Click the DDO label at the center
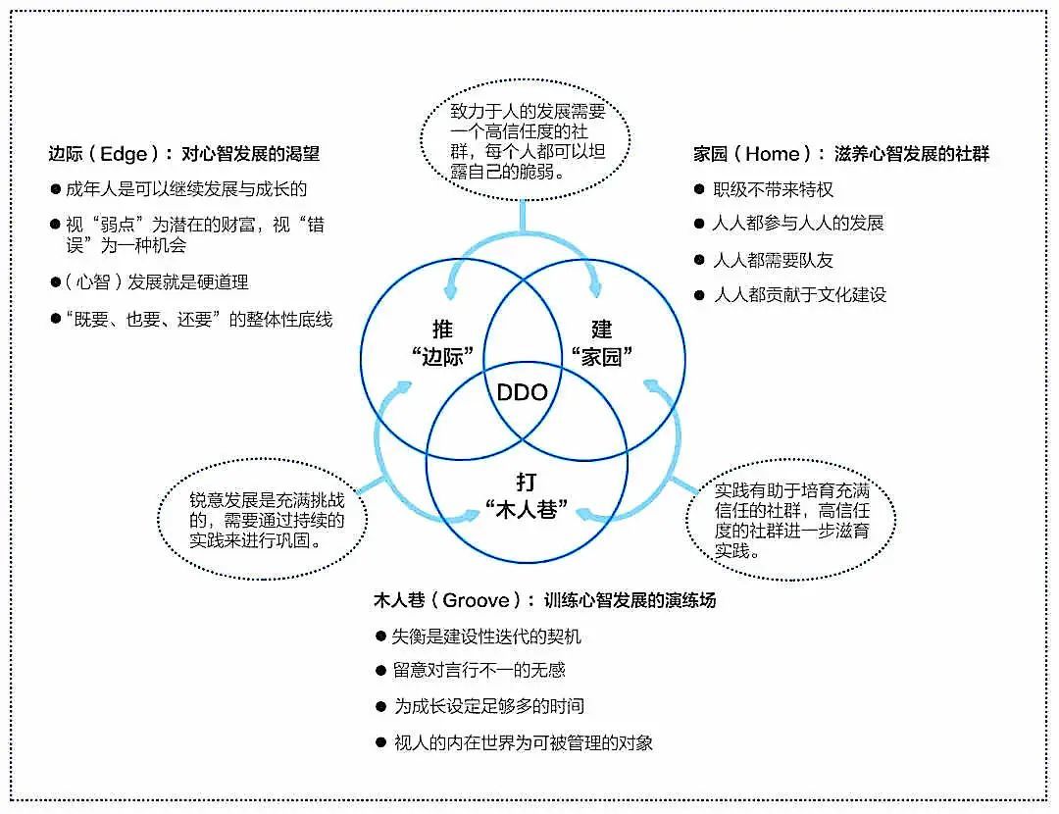522,392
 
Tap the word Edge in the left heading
124,154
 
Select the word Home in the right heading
773,154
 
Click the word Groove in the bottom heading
477,600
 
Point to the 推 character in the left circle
443,330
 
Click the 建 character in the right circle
601,330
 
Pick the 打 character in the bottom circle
527,483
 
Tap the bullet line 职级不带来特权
773,190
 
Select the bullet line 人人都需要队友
773,260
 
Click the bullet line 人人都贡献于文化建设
800,294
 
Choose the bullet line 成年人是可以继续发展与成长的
186,189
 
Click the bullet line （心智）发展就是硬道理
157,281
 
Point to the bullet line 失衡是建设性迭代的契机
486,636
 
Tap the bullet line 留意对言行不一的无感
479,670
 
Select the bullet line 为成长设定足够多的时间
489,706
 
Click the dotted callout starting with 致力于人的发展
526,140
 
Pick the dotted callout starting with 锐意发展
262,519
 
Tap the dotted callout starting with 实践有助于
791,519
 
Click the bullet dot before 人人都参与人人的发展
699,223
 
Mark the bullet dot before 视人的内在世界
380,743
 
